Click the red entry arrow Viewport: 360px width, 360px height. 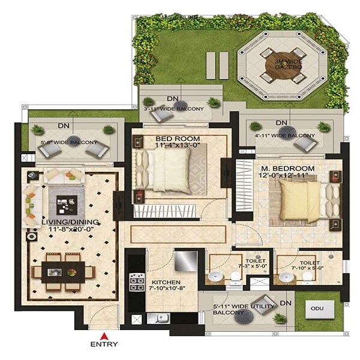[x=104, y=335]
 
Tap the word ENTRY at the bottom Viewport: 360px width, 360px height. [x=104, y=345]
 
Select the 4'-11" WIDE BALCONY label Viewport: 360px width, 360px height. [x=286, y=135]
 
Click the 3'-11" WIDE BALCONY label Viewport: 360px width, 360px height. [x=173, y=109]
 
